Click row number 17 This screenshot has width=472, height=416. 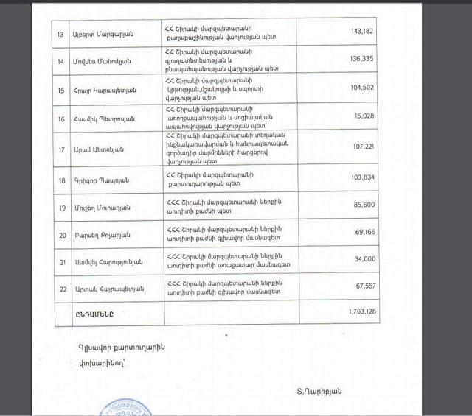(x=41, y=149)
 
